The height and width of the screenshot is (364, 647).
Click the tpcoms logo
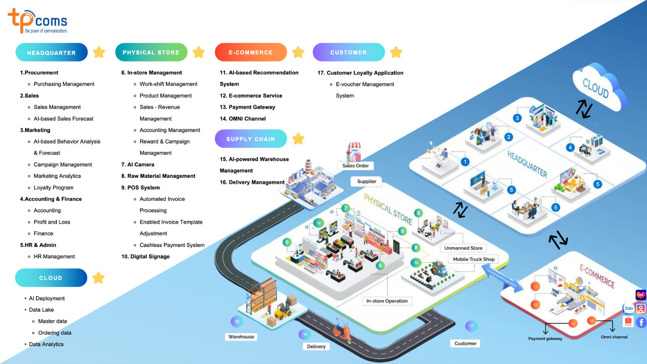click(37, 21)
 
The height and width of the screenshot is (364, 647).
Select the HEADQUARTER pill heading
click(52, 52)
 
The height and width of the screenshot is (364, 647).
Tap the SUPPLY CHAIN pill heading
click(250, 139)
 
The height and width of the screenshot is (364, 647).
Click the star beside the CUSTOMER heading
click(396, 52)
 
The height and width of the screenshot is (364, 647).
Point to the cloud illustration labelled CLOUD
click(598, 87)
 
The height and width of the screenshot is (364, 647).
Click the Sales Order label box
click(356, 165)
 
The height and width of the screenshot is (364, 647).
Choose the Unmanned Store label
click(463, 248)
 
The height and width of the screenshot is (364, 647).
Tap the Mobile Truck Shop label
click(474, 259)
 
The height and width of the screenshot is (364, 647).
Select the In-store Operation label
click(387, 301)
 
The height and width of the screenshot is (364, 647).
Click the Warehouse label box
click(241, 337)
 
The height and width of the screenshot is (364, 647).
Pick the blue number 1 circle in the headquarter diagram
click(465, 162)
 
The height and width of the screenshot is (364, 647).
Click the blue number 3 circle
click(517, 118)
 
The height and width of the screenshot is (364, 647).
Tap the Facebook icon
click(641, 323)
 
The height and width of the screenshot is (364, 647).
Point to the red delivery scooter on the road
click(341, 331)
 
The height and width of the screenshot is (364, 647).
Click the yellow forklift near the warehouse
click(283, 311)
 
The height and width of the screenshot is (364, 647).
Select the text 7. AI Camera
click(138, 165)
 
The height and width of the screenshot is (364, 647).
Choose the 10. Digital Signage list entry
click(145, 256)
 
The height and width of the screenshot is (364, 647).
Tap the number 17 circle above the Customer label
click(471, 326)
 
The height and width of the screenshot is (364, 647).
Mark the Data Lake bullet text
click(41, 310)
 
